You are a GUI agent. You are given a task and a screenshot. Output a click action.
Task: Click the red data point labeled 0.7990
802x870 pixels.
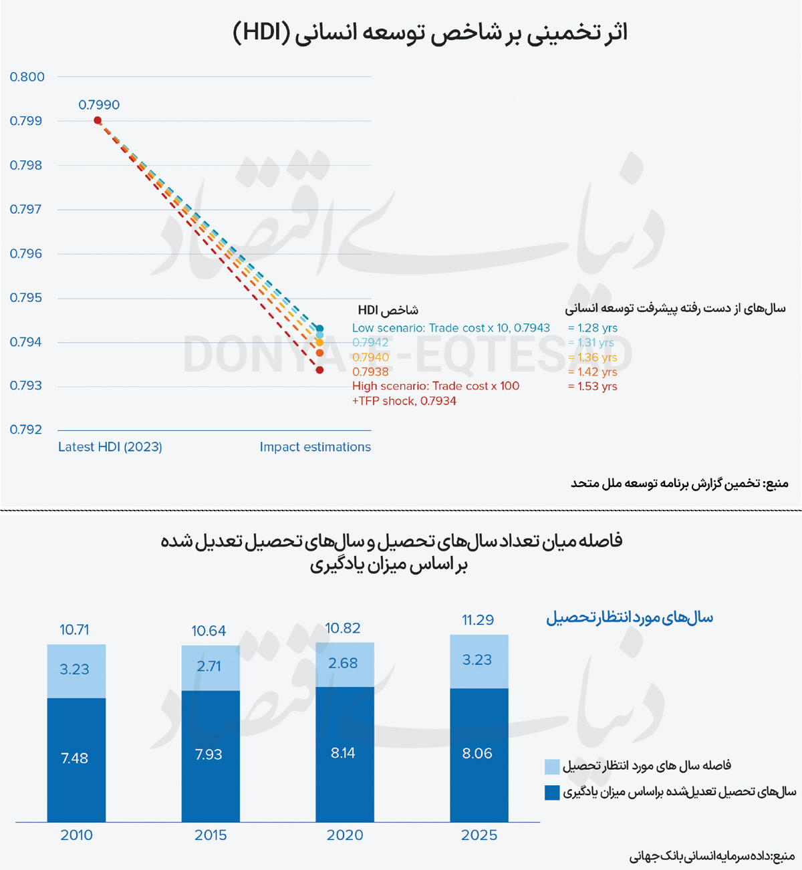coord(98,120)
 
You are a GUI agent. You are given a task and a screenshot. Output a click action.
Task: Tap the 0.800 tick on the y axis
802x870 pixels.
coord(27,77)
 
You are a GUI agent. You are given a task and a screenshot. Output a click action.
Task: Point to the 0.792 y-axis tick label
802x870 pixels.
coord(27,430)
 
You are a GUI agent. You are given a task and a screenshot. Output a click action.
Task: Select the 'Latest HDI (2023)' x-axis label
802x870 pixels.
coord(110,447)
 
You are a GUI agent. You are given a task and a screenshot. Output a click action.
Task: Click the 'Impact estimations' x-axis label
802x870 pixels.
coord(315,447)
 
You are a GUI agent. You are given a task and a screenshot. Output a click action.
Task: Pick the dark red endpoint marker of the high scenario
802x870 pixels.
coord(319,370)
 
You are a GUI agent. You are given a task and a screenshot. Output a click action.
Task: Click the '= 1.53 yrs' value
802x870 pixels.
coord(592,386)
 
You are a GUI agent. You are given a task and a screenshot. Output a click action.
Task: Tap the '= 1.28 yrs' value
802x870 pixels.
coord(592,328)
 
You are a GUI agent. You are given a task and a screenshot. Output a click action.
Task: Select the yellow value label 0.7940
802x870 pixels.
coord(370,357)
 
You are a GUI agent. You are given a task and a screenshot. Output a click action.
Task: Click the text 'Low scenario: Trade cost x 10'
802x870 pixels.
coord(431,328)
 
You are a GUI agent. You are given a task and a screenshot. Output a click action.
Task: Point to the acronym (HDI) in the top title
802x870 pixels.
coord(261,33)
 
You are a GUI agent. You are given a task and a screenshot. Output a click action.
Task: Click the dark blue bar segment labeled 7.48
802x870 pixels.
coord(76,759)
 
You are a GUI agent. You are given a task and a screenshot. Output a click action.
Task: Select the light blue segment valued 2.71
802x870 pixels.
coord(210,667)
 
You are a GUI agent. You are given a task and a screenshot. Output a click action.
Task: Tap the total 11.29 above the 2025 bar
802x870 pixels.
coord(478,620)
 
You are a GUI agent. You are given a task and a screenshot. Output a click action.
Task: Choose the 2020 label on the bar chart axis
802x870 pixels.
coord(345,835)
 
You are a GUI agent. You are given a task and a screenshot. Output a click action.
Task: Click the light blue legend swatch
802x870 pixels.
coord(552,766)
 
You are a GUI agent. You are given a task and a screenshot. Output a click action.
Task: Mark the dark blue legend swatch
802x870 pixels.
coord(552,792)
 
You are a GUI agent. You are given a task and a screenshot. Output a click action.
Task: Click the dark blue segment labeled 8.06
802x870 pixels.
coord(479,754)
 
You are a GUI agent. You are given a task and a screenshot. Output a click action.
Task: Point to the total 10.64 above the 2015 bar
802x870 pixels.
coord(209,631)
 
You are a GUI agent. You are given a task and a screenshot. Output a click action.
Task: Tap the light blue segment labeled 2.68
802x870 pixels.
coord(344,664)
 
